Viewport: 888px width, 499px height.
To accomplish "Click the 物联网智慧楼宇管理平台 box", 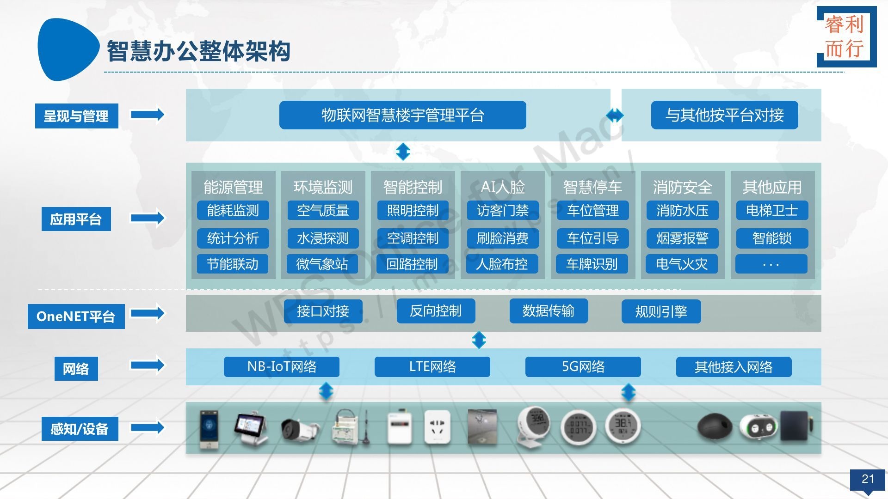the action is point(402,115).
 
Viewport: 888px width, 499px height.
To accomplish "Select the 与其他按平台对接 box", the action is point(724,115).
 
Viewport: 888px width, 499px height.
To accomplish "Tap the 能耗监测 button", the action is point(233,211).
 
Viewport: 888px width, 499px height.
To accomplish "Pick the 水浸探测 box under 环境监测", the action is point(322,238).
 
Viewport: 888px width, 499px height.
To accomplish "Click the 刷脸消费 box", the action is point(502,238).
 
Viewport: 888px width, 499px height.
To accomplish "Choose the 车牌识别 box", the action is point(592,264).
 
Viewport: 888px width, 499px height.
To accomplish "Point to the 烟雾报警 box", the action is point(682,238).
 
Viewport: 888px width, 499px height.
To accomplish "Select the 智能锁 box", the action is point(772,238).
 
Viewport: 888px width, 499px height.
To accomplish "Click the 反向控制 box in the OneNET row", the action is point(436,311).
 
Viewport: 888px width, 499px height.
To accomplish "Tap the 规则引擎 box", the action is point(661,311).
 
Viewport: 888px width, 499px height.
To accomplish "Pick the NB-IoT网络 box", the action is point(282,367).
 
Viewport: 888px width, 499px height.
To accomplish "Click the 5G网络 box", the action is point(583,367).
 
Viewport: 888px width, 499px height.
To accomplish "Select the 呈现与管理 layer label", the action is point(76,116).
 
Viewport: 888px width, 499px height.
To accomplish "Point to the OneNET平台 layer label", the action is point(76,316).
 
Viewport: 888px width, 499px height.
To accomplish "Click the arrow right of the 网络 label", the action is point(148,365).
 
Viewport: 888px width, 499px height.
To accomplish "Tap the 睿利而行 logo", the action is point(846,37).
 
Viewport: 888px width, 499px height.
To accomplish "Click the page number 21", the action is point(868,479).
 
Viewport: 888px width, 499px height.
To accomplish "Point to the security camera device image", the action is point(299,429).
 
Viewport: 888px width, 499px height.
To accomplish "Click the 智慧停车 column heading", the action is point(592,187).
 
